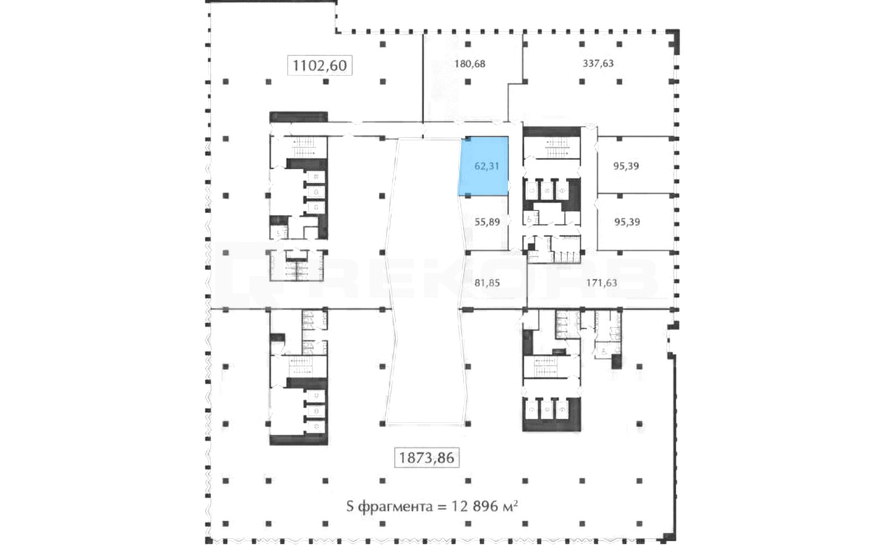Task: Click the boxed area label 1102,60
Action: click(x=320, y=65)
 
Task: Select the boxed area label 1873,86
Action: click(x=427, y=458)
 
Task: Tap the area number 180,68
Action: click(x=470, y=63)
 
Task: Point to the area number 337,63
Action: click(x=598, y=63)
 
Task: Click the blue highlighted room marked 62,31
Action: click(x=484, y=166)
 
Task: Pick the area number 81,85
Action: click(x=487, y=283)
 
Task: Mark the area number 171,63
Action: click(x=602, y=283)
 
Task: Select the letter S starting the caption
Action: click(x=350, y=506)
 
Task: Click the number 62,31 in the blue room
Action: click(x=487, y=166)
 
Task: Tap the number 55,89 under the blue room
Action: click(x=487, y=222)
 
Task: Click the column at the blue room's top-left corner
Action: click(x=468, y=139)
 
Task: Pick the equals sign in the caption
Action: click(x=442, y=507)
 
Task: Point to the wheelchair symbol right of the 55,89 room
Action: click(x=530, y=220)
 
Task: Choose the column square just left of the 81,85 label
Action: click(x=468, y=253)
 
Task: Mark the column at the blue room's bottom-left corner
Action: click(x=468, y=196)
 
